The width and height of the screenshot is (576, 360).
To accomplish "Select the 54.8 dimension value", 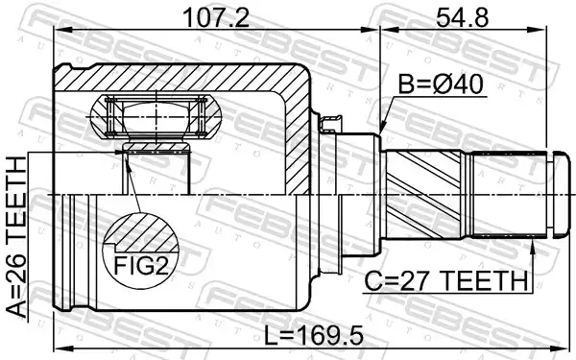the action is tap(462, 17).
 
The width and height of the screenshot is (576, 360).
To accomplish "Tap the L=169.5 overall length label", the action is tap(314, 335).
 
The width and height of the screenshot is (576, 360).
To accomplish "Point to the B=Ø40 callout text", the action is tap(441, 84).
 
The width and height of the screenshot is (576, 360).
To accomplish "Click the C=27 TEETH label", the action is tap(445, 280).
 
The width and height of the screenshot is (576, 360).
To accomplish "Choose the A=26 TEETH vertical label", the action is tap(16, 237).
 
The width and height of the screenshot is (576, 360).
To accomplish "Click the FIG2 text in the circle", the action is tap(141, 265).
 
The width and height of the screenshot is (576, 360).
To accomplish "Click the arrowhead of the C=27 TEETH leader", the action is tap(532, 244).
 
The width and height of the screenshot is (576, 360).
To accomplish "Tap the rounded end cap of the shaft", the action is tap(561, 195).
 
